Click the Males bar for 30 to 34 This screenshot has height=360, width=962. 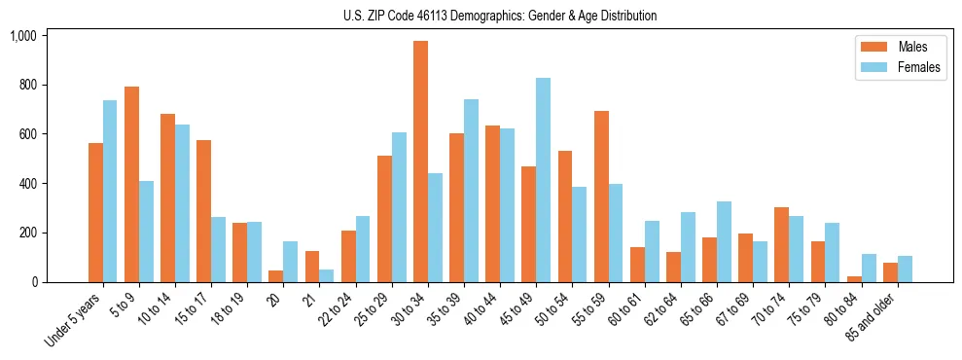click(x=420, y=162)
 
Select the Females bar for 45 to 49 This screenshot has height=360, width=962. click(x=543, y=180)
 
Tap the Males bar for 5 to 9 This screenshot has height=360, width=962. click(x=131, y=184)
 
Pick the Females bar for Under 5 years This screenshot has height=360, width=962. click(x=110, y=191)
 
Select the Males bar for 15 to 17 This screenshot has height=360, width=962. click(x=203, y=211)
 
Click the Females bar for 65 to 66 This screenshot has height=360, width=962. click(x=724, y=241)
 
